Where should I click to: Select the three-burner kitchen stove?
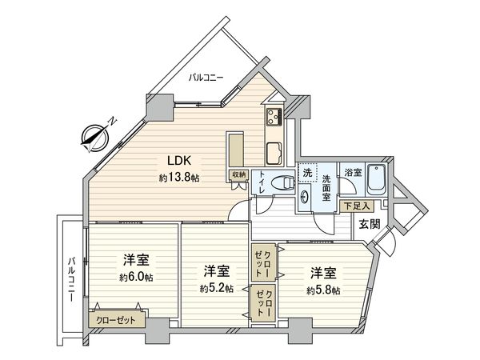(x=274, y=118)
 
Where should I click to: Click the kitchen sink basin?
(x=272, y=151)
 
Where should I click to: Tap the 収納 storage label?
(x=238, y=174)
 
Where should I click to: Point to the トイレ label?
(x=261, y=187)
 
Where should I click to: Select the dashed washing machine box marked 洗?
(x=307, y=173)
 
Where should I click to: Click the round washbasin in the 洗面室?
(x=305, y=197)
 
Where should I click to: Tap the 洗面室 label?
(x=327, y=187)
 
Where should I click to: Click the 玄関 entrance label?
(x=369, y=225)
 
